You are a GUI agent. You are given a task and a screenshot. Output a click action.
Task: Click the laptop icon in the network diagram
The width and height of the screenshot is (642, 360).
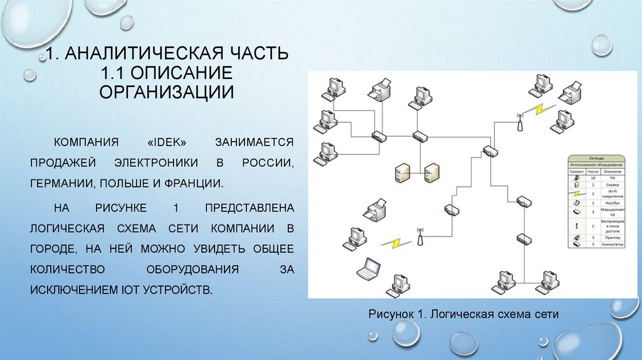(368, 268)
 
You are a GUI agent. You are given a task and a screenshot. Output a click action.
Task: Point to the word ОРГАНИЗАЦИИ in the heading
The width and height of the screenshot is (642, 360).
(166, 91)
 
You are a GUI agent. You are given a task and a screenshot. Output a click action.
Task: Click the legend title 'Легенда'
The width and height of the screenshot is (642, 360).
(596, 159)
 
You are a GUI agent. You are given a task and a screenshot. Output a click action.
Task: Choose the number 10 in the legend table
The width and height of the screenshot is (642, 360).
(593, 177)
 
